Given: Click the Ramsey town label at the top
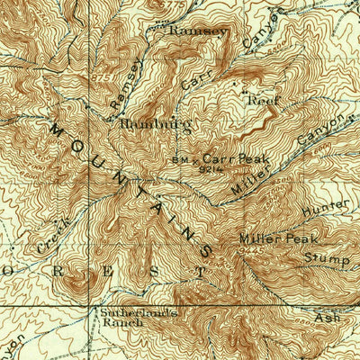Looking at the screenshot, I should click(x=199, y=30).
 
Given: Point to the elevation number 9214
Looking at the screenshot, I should click(x=211, y=168).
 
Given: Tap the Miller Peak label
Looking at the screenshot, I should click(x=273, y=238).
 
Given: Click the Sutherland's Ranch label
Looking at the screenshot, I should click(x=126, y=315).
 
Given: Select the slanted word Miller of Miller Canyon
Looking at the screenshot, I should click(x=243, y=180).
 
